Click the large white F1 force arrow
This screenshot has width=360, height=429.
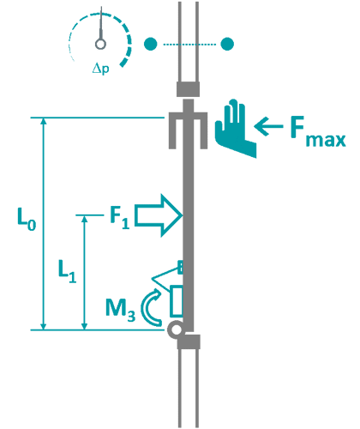(x=159, y=214)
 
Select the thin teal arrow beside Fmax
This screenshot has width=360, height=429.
(x=269, y=129)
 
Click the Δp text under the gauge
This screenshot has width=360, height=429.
(x=101, y=68)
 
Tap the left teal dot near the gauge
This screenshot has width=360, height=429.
(x=151, y=43)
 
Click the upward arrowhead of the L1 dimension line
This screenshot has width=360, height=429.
(x=84, y=221)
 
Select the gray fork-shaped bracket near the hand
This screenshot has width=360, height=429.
(x=189, y=126)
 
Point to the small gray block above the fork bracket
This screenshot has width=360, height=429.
(x=189, y=88)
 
